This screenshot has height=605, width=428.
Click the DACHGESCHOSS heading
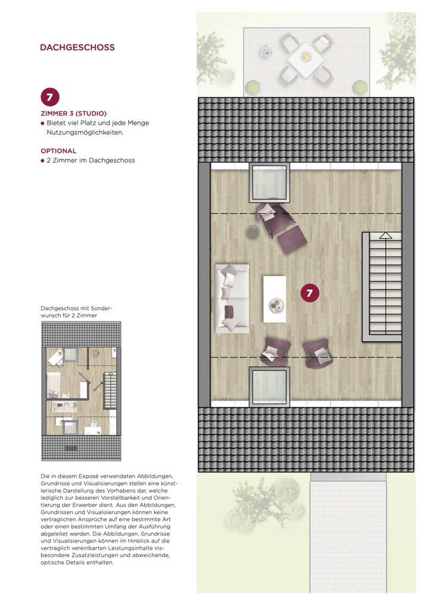pyautogui.click(x=77, y=47)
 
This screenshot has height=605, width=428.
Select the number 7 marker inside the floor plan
pyautogui.click(x=310, y=292)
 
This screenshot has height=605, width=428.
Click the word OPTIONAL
pyautogui.click(x=58, y=151)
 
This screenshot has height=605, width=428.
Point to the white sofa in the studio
pyautogui.click(x=232, y=297)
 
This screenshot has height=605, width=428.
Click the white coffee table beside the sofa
pyautogui.click(x=275, y=298)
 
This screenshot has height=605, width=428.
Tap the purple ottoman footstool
pyautogui.click(x=292, y=240)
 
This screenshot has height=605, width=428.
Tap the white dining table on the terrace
pyautogui.click(x=305, y=58)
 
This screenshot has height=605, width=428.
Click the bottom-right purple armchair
pyautogui.click(x=317, y=353)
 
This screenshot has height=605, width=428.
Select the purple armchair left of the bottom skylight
pyautogui.click(x=275, y=351)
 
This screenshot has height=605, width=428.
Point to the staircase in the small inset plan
pyautogui.click(x=111, y=390)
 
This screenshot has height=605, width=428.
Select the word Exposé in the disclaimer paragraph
pyautogui.click(x=99, y=477)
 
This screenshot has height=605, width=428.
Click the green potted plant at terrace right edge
pyautogui.click(x=359, y=87)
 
